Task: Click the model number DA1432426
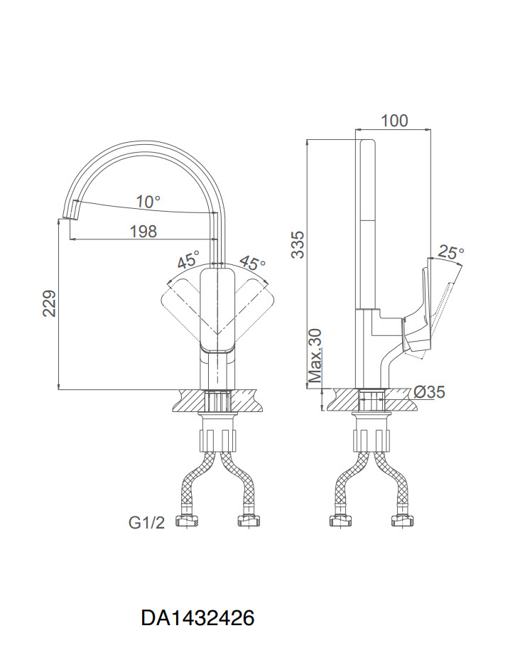tap(197, 618)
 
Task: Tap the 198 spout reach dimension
tap(143, 231)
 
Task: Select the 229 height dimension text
tap(49, 303)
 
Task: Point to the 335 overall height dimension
tap(298, 244)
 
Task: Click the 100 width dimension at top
tap(394, 121)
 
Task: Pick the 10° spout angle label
tap(148, 202)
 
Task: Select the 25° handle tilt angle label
tap(450, 252)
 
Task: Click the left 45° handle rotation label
tap(188, 260)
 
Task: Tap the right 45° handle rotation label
tap(253, 262)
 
